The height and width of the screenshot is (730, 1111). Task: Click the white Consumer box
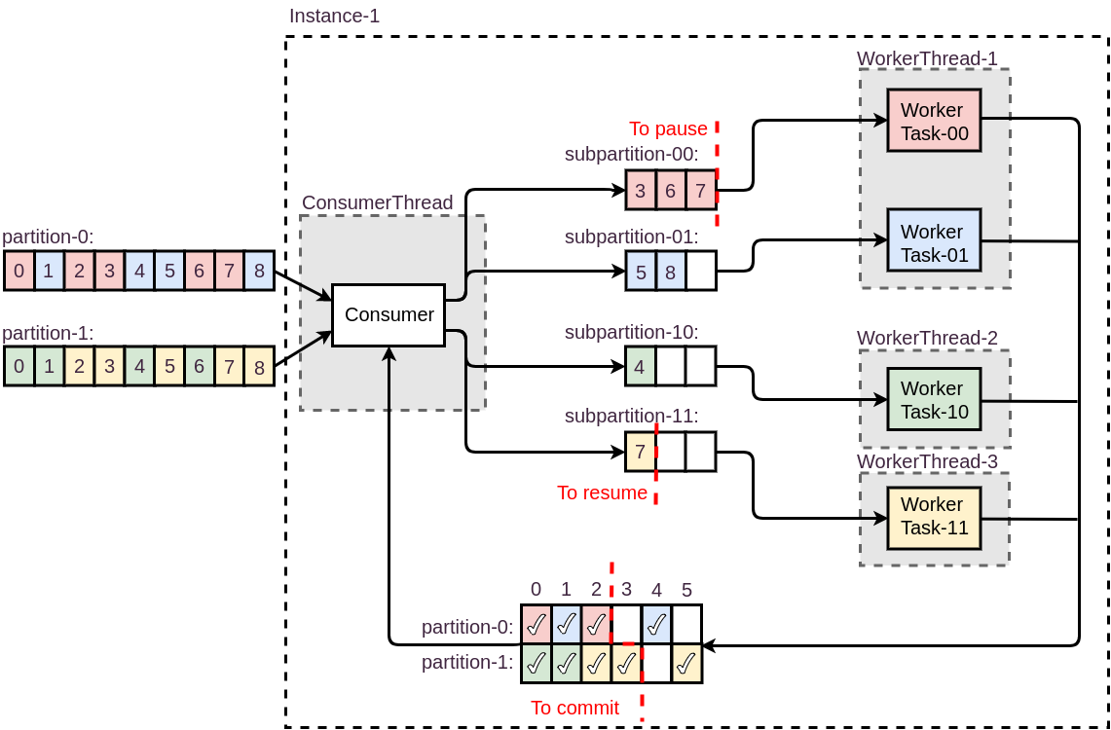click(389, 314)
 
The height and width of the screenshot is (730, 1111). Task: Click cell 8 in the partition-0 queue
click(259, 271)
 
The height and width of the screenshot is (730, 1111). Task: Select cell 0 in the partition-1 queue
click(19, 367)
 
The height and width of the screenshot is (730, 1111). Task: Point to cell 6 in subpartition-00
click(670, 190)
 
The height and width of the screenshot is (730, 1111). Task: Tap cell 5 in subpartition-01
click(641, 272)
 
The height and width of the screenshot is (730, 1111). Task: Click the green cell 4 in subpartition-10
click(640, 367)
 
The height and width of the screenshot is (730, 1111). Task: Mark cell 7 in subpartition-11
click(640, 452)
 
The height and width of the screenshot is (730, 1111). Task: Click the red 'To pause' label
click(668, 128)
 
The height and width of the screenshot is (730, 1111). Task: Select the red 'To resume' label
click(602, 493)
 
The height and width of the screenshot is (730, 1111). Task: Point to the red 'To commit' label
click(574, 708)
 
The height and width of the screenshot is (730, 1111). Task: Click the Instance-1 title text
click(334, 16)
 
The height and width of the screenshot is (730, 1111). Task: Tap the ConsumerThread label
click(377, 202)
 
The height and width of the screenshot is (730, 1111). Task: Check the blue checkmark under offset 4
click(656, 625)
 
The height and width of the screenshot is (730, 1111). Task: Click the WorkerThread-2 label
click(927, 338)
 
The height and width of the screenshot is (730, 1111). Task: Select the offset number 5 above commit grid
click(686, 590)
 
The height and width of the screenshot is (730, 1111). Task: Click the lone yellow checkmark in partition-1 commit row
click(686, 663)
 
